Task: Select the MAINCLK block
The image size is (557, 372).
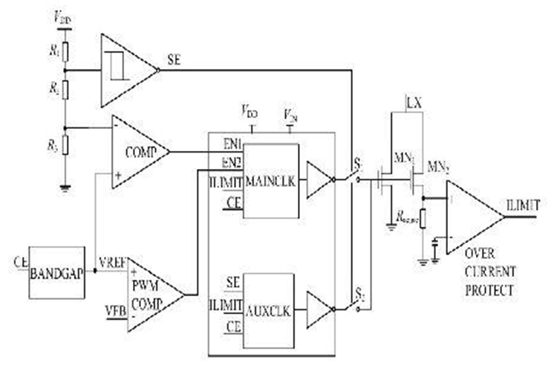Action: (x=270, y=181)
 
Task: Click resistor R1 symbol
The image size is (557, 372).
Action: (x=65, y=51)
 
